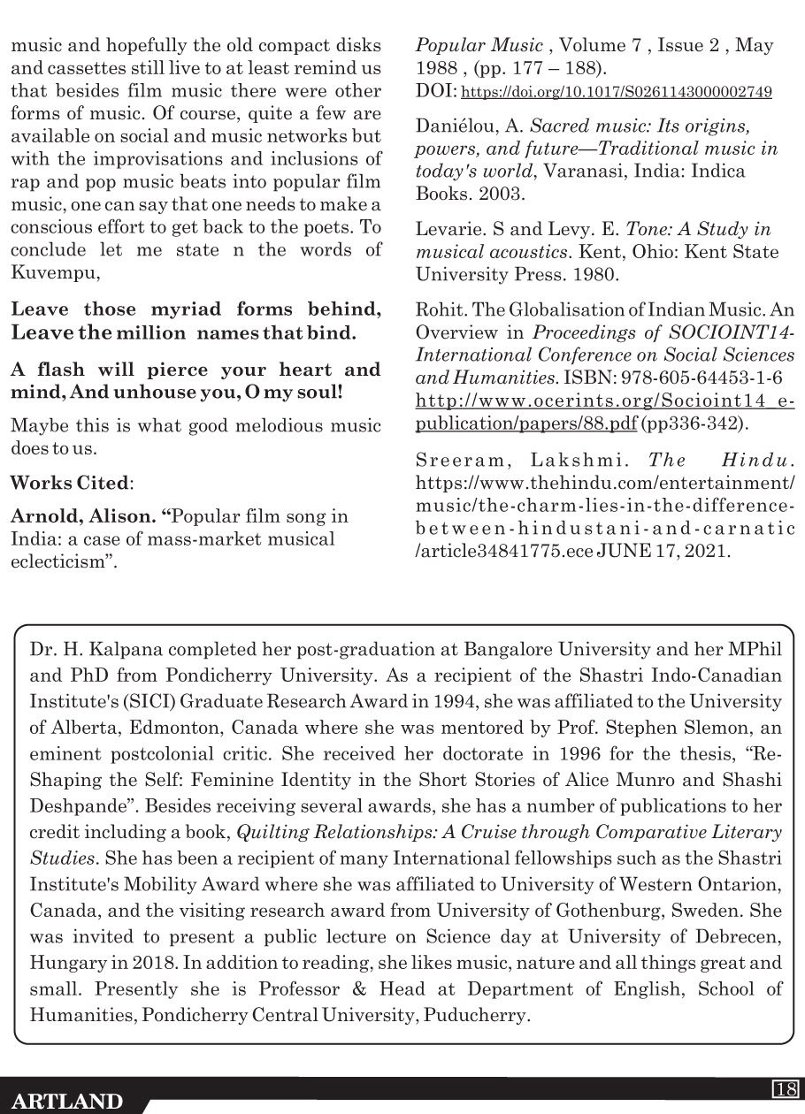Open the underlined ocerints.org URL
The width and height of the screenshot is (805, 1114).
pos(605,410)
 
